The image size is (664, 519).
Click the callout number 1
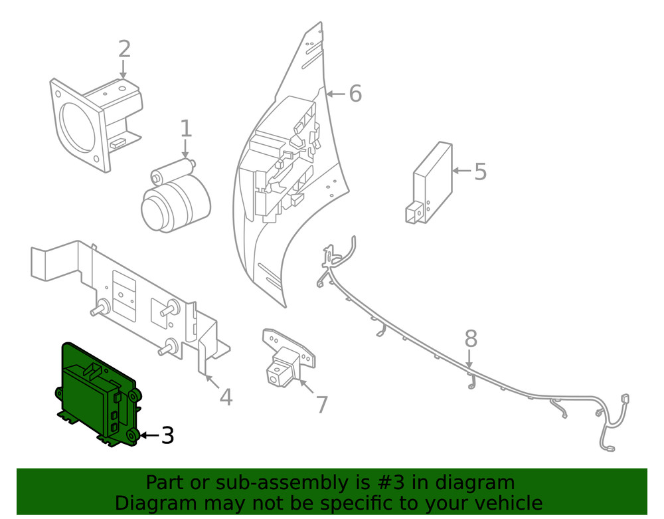tap(185, 129)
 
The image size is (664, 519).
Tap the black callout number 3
tap(167, 436)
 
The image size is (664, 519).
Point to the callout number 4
tap(226, 397)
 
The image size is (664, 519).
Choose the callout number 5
tap(480, 171)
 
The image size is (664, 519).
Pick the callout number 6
tap(355, 94)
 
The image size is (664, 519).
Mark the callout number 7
tap(321, 404)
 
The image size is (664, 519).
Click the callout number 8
tap(470, 339)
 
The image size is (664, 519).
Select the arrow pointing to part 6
tap(335, 94)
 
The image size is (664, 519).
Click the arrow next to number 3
tap(149, 436)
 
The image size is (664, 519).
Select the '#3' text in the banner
tap(388, 482)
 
